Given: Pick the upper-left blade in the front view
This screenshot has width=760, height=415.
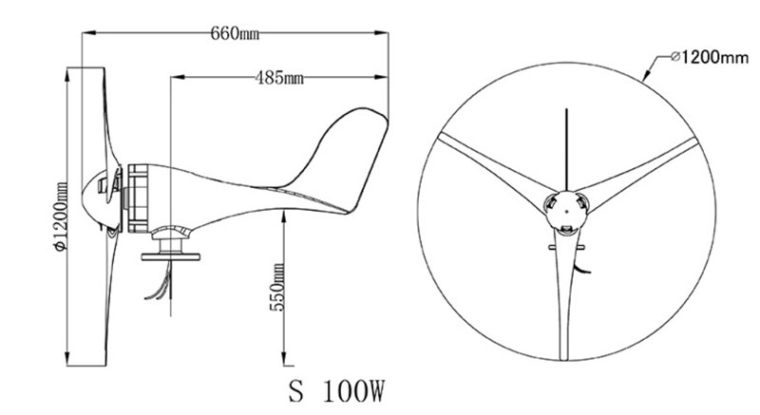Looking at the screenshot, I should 494,161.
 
